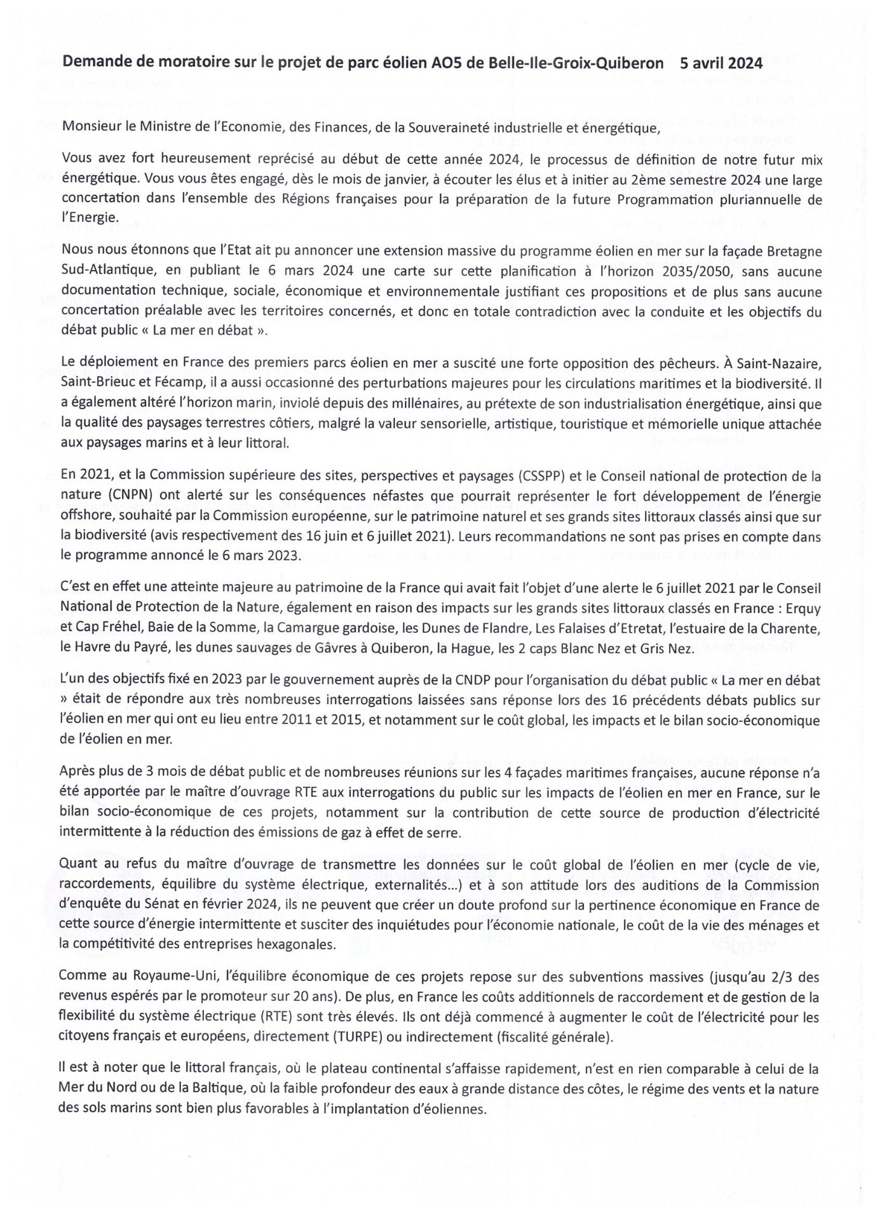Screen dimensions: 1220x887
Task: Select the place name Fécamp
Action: point(181,384)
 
